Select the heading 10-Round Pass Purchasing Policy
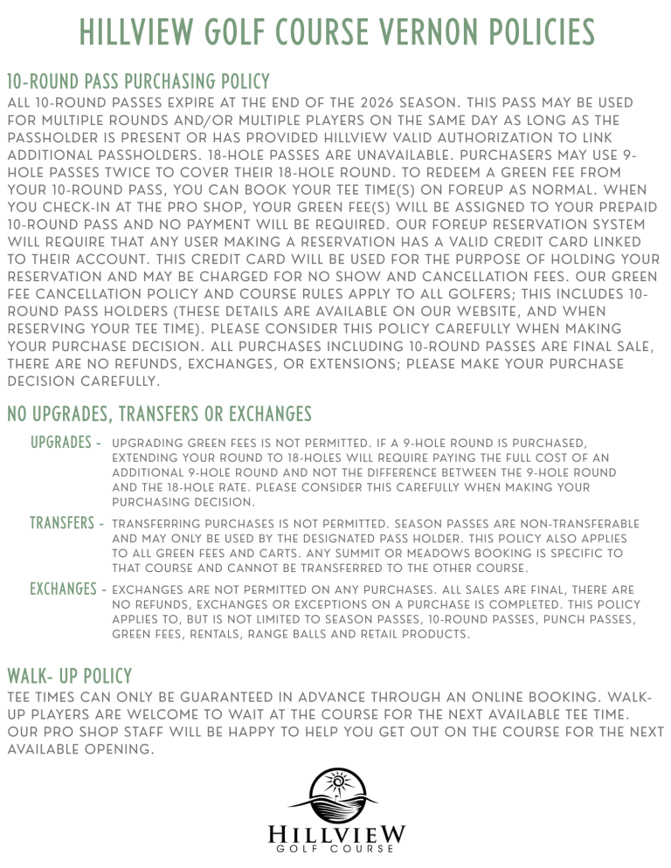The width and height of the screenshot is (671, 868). pyautogui.click(x=138, y=82)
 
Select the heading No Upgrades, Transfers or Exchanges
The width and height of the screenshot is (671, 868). pyautogui.click(x=159, y=412)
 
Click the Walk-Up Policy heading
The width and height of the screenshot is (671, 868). pyautogui.click(x=69, y=676)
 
